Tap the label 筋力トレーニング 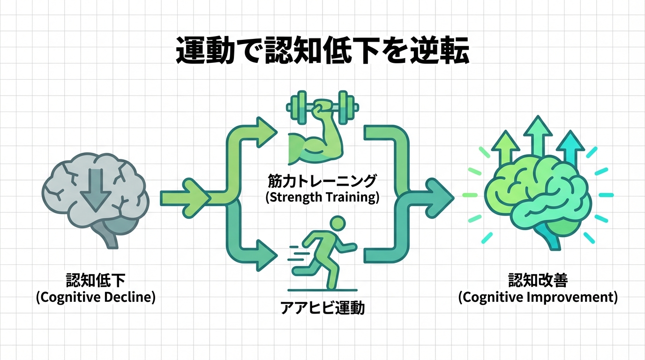(322, 180)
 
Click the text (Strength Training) (322, 197)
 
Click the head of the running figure (337, 223)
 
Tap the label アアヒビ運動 (322, 308)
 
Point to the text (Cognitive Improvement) (538, 297)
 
